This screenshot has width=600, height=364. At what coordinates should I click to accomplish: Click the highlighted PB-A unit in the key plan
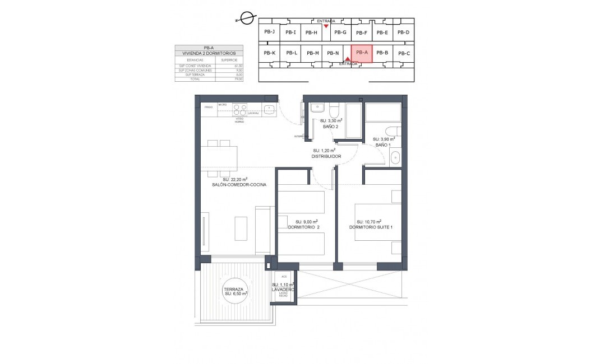(x=362, y=53)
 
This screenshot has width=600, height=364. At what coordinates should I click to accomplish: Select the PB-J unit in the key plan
(x=269, y=32)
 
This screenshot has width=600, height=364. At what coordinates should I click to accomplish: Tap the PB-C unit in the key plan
(x=404, y=54)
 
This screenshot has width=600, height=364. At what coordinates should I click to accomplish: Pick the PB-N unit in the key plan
(x=333, y=53)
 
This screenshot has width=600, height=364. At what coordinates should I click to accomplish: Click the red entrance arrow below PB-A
(x=348, y=59)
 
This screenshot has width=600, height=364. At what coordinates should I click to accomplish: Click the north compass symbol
(x=244, y=17)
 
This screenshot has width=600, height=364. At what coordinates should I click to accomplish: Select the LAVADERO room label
(x=283, y=290)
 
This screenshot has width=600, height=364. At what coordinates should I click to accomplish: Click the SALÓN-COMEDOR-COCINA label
(x=239, y=184)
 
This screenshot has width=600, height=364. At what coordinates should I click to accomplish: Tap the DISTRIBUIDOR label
(x=326, y=156)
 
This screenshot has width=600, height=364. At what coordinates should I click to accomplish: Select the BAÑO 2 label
(x=330, y=127)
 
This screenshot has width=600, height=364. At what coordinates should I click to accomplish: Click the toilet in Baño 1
(x=394, y=132)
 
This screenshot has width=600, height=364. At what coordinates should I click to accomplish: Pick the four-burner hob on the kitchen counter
(x=240, y=108)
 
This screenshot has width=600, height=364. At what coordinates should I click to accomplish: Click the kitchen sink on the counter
(x=269, y=108)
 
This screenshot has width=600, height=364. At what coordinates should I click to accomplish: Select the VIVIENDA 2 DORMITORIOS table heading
(x=209, y=53)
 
